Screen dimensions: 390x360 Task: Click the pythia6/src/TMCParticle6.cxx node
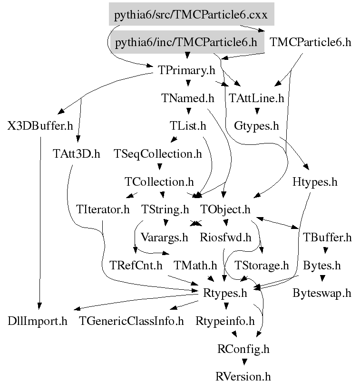pyautogui.click(x=191, y=15)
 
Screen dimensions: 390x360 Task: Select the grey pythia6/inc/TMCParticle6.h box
pyautogui.click(x=186, y=42)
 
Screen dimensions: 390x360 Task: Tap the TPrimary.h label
pyautogui.click(x=186, y=70)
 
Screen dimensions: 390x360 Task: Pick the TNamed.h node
pyautogui.click(x=188, y=98)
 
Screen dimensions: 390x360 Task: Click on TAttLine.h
pyautogui.click(x=256, y=98)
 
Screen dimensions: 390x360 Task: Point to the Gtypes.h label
pyautogui.click(x=256, y=126)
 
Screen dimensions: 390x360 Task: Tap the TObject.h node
pyautogui.click(x=225, y=209)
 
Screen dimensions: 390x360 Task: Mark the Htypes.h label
pyautogui.click(x=314, y=181)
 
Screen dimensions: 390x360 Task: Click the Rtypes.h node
pyautogui.click(x=225, y=293)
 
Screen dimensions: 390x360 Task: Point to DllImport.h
pyautogui.click(x=38, y=321)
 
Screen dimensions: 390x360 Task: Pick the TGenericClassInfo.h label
pyautogui.click(x=131, y=321)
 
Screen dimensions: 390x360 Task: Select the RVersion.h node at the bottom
pyautogui.click(x=243, y=377)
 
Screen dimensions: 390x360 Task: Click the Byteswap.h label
pyautogui.click(x=322, y=293)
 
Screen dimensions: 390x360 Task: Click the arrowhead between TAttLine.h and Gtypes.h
pyautogui.click(x=257, y=112)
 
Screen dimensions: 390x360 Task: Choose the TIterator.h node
pyautogui.click(x=103, y=209)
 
